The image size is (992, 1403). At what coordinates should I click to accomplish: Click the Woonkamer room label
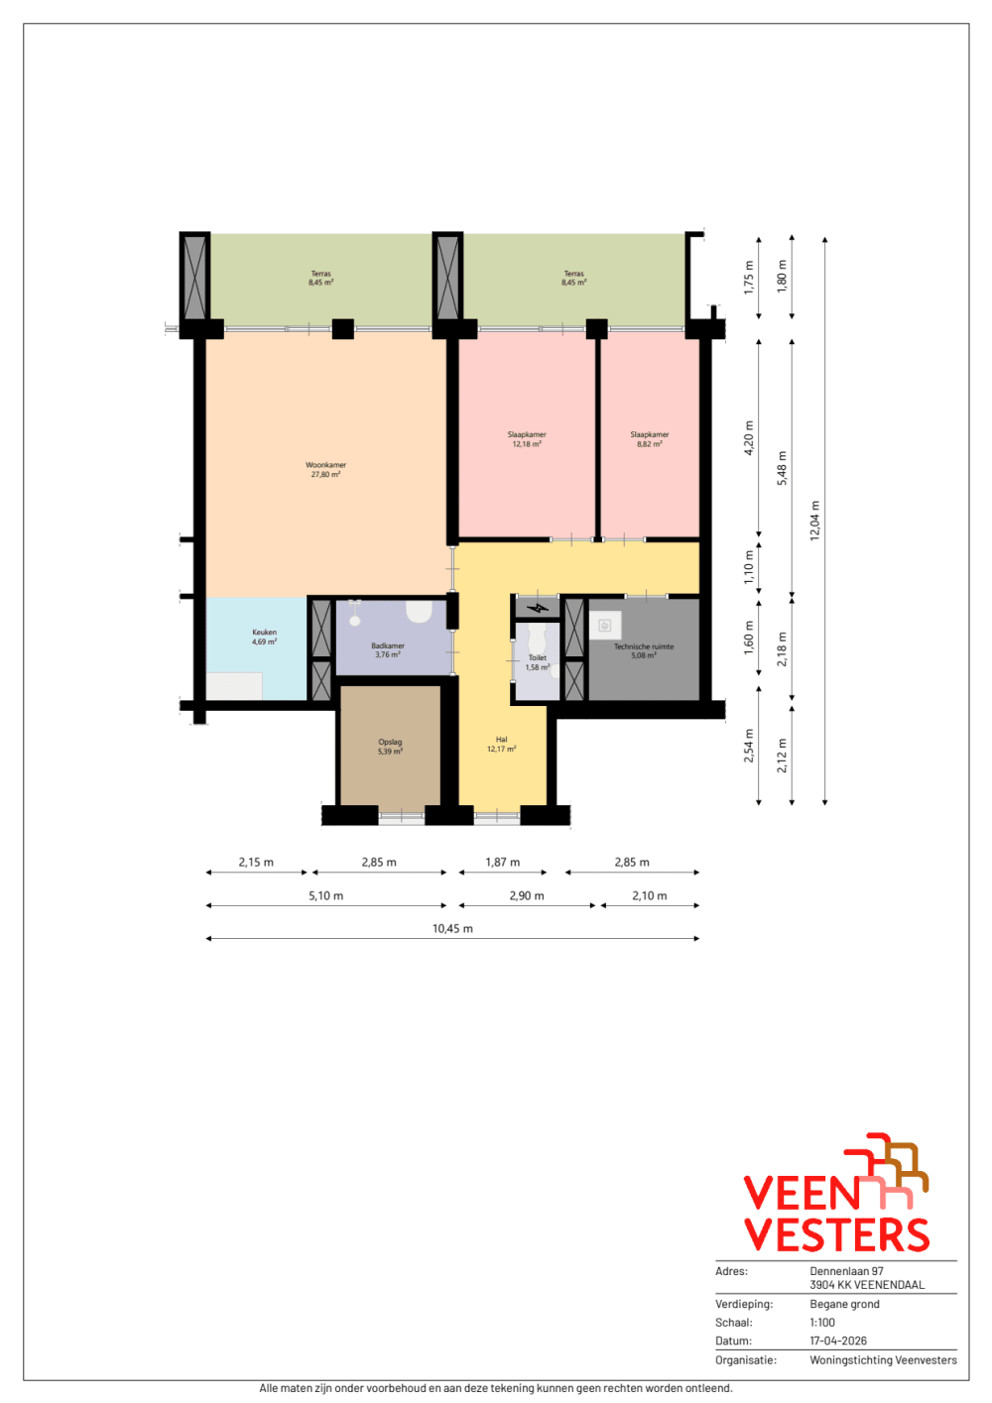tap(325, 470)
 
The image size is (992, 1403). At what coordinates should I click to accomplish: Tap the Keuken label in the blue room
tap(264, 637)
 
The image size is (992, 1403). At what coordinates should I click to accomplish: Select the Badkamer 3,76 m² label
tap(387, 650)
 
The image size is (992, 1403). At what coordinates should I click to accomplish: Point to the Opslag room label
tap(390, 747)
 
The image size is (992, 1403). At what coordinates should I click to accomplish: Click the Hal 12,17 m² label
tap(501, 744)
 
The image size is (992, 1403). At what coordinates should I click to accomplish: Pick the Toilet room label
tap(537, 662)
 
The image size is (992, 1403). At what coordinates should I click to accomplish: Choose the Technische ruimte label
tap(644, 650)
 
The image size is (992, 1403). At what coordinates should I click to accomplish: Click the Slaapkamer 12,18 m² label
tap(527, 439)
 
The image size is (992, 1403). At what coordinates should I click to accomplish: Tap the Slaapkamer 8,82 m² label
tap(649, 439)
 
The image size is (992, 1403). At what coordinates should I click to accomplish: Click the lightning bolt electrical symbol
tap(538, 608)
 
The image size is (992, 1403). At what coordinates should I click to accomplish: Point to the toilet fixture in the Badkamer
tap(418, 612)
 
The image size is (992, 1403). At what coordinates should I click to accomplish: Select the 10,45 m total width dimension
tap(452, 929)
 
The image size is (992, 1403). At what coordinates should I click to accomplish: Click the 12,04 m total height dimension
tap(814, 521)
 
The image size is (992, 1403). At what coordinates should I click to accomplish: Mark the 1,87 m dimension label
tap(503, 863)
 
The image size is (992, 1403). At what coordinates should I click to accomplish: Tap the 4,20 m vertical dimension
tap(748, 438)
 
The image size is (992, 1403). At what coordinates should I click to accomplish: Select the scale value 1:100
tap(822, 1323)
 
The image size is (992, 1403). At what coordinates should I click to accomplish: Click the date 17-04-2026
tap(838, 1341)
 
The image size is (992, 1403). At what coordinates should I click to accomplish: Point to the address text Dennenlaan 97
tap(846, 1271)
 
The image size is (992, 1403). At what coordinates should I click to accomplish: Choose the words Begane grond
tap(845, 1304)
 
